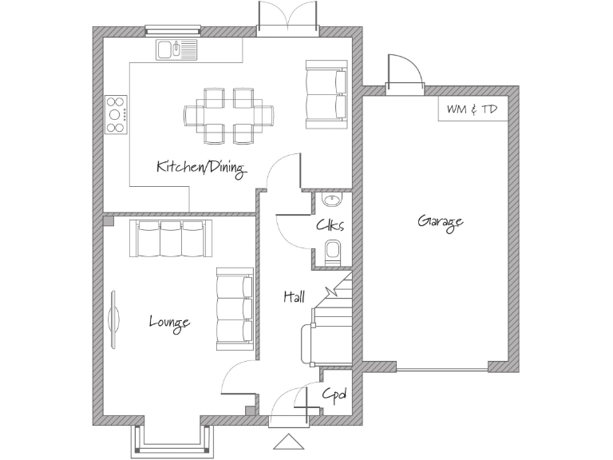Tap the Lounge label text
pos(169,322)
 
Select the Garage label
pos(440,222)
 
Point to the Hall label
pos(294,296)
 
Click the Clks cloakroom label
pos(330,225)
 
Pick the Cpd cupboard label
pos(334,395)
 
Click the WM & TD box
pos(472,109)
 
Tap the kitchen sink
pos(177,50)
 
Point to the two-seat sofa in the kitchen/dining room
pos(326,94)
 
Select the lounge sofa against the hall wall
pos(235,308)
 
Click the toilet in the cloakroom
pos(334,252)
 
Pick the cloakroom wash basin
pos(330,199)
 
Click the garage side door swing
pos(404,72)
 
